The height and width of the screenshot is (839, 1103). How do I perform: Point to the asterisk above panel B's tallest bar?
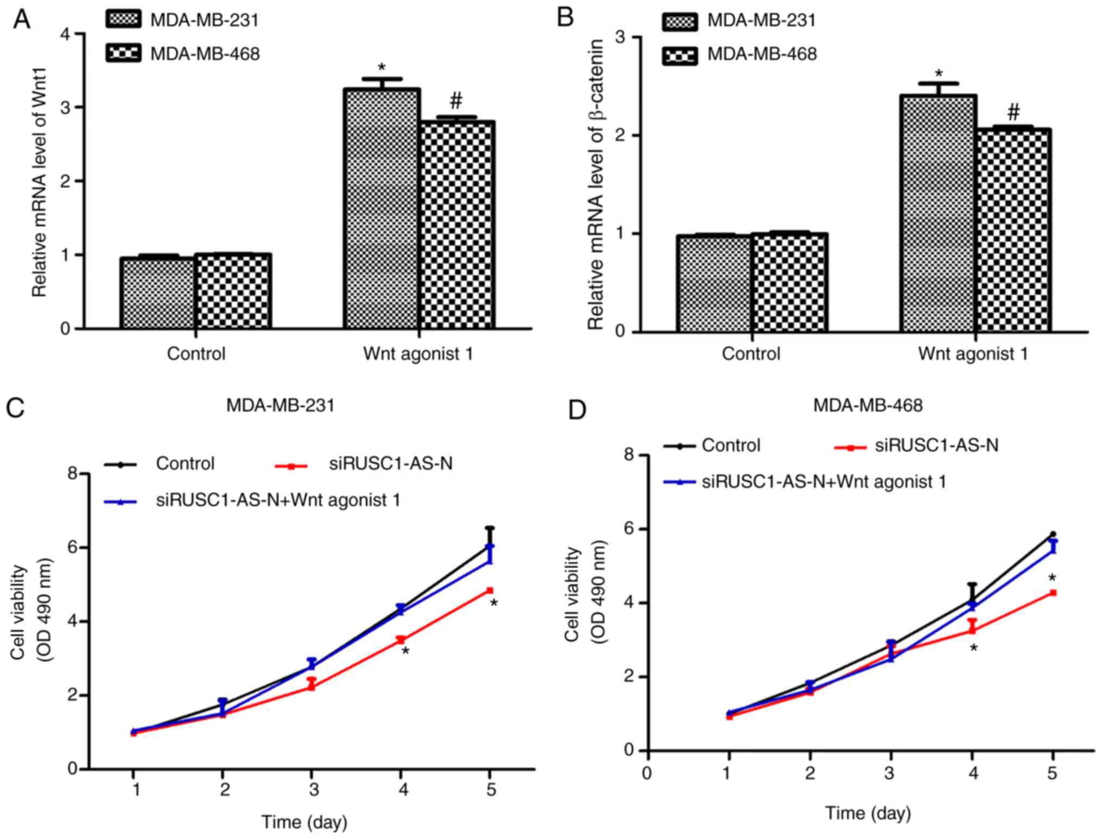click(x=939, y=74)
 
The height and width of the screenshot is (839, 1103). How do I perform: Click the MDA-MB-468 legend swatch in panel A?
click(x=123, y=53)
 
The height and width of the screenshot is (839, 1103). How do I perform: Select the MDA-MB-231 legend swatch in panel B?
click(x=680, y=21)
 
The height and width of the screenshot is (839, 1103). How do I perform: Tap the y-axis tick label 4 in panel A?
click(x=65, y=34)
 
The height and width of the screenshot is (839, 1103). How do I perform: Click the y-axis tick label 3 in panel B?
click(x=620, y=37)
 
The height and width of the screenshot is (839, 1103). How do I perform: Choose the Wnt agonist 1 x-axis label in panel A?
click(x=418, y=354)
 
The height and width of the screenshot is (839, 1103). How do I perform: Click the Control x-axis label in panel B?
click(x=751, y=354)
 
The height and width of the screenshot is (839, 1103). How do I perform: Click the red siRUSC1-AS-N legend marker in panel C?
click(x=291, y=466)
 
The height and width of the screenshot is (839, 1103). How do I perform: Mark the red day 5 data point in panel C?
click(x=490, y=590)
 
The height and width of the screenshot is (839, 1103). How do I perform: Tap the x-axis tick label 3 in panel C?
click(x=314, y=789)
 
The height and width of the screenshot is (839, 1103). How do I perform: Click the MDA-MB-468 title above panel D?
click(x=867, y=405)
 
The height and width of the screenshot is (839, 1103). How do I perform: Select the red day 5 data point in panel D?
click(x=1053, y=593)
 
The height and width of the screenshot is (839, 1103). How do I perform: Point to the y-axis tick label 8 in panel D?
click(x=629, y=454)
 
